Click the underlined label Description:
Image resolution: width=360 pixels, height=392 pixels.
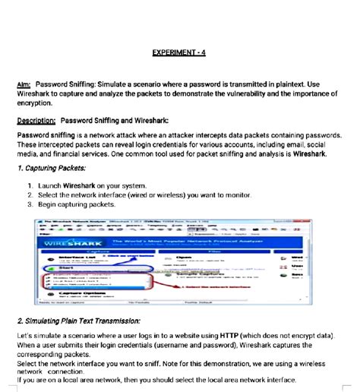(36, 120)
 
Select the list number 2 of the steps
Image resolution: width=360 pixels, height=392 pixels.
(29, 194)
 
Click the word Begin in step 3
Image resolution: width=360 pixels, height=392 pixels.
(49, 204)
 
